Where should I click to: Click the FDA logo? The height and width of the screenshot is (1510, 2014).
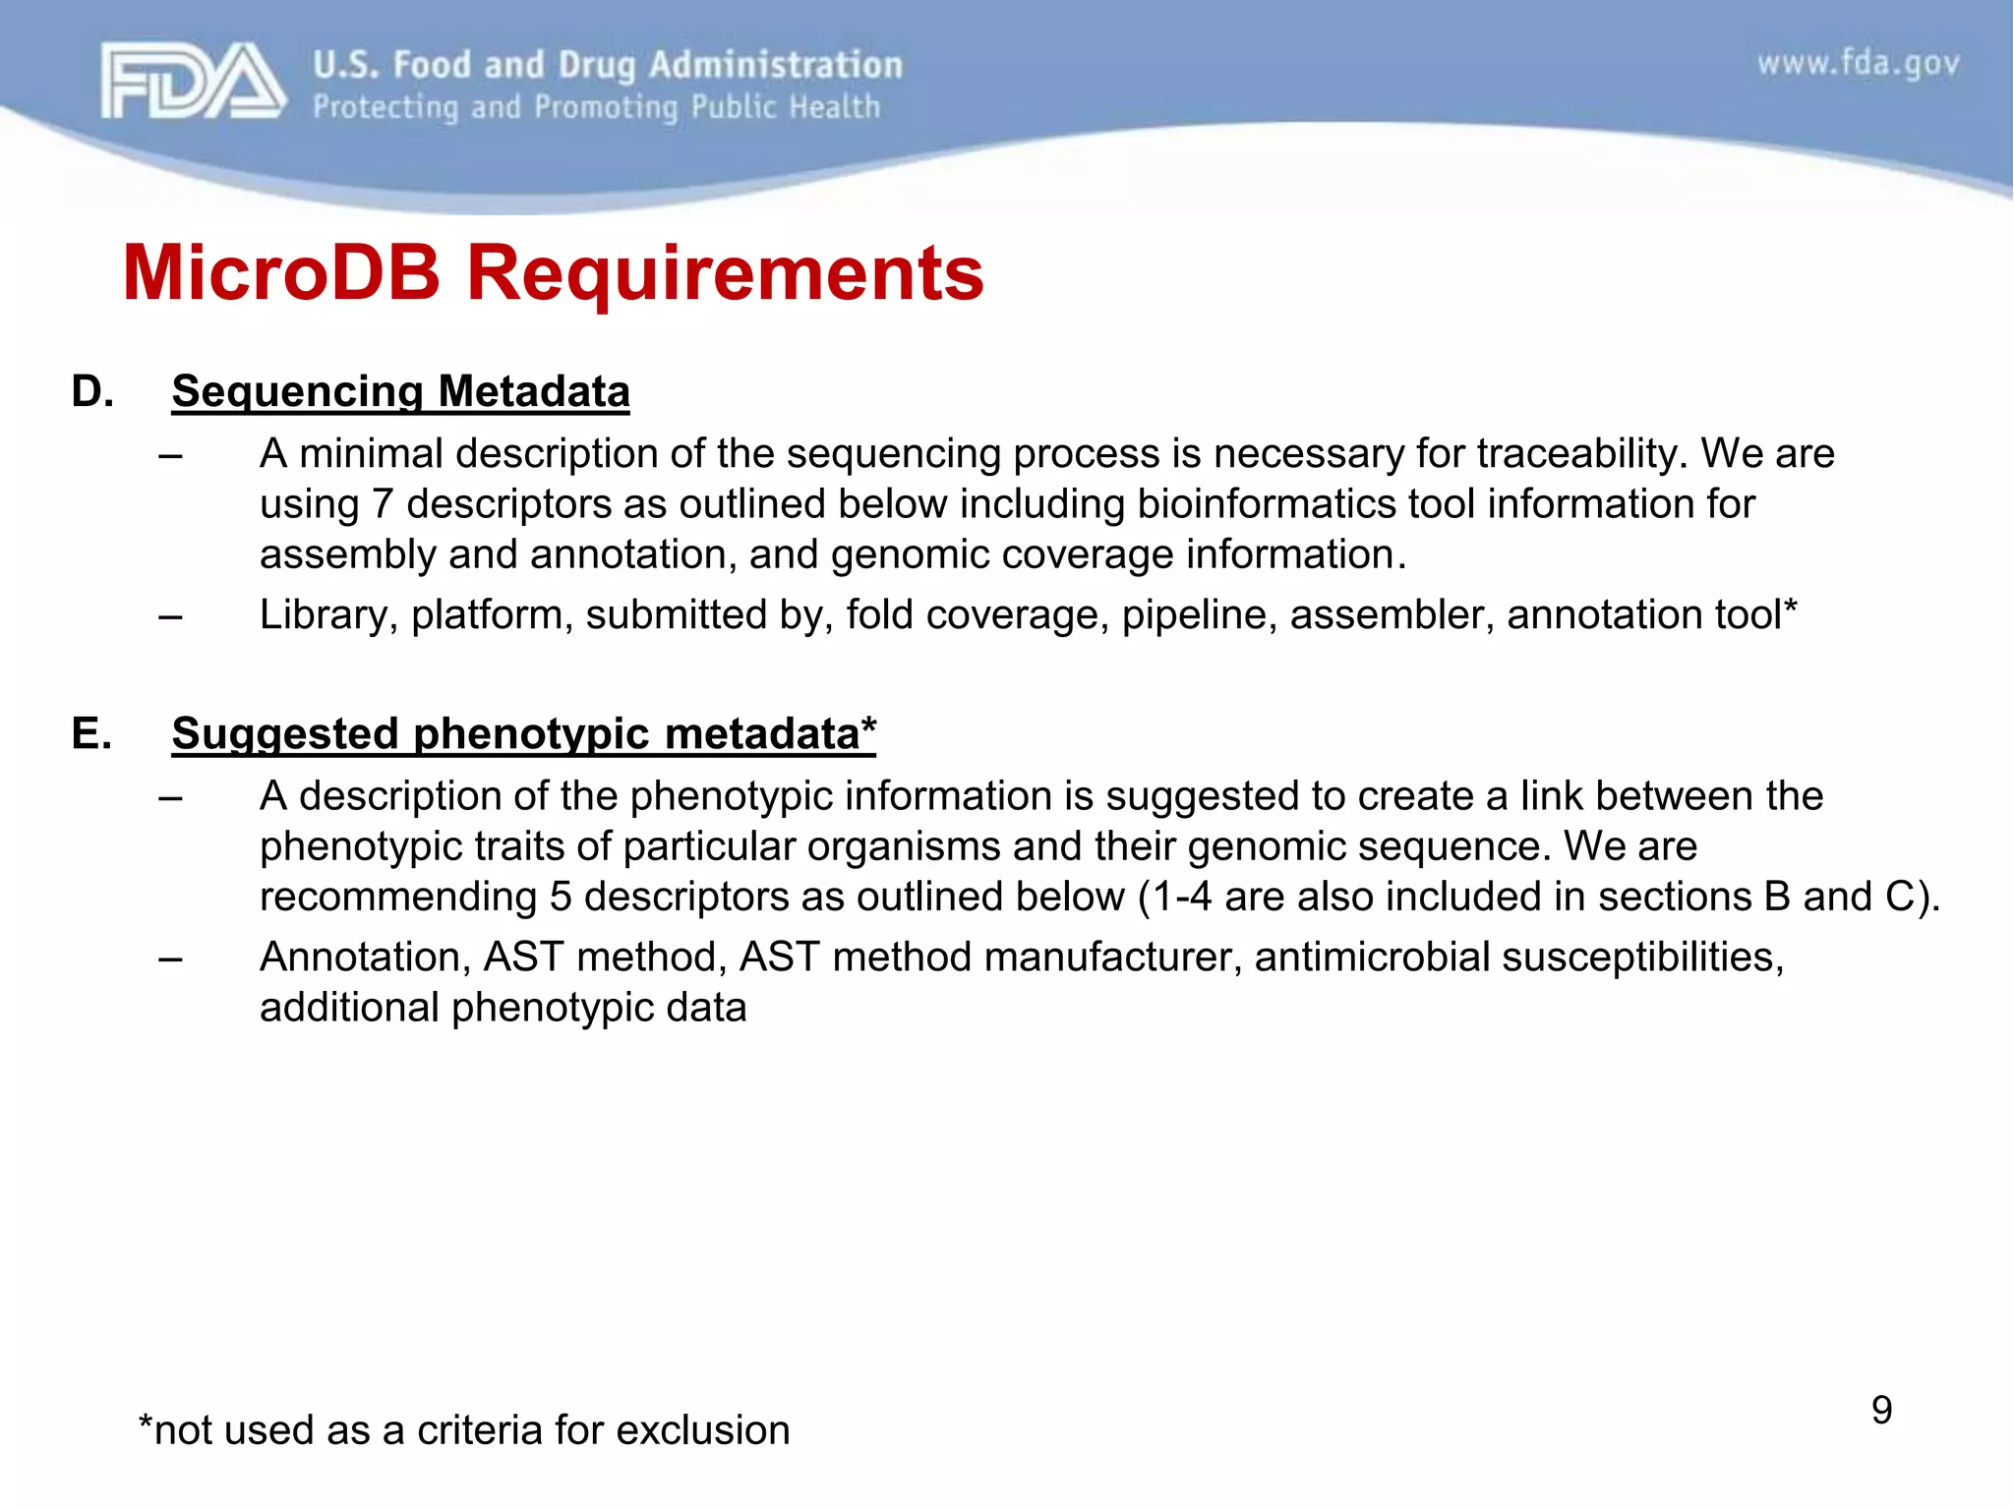pos(193,81)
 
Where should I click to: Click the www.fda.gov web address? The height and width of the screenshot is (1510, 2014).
pos(1858,64)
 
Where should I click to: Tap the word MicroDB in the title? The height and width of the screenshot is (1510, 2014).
pos(281,272)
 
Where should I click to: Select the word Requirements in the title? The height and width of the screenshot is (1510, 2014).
pos(725,272)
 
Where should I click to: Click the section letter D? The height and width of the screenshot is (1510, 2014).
pos(91,391)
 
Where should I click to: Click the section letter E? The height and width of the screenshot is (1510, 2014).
pos(91,733)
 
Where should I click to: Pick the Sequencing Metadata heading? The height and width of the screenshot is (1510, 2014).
pos(400,391)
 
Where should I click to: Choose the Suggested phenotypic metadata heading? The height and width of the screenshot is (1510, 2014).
pos(523,733)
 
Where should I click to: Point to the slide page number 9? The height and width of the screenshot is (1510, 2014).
pos(1881,1410)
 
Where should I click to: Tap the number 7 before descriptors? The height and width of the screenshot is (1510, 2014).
pos(382,503)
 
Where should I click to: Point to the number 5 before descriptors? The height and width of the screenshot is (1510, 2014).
pos(561,897)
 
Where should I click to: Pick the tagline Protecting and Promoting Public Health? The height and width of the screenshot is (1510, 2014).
pos(596,106)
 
